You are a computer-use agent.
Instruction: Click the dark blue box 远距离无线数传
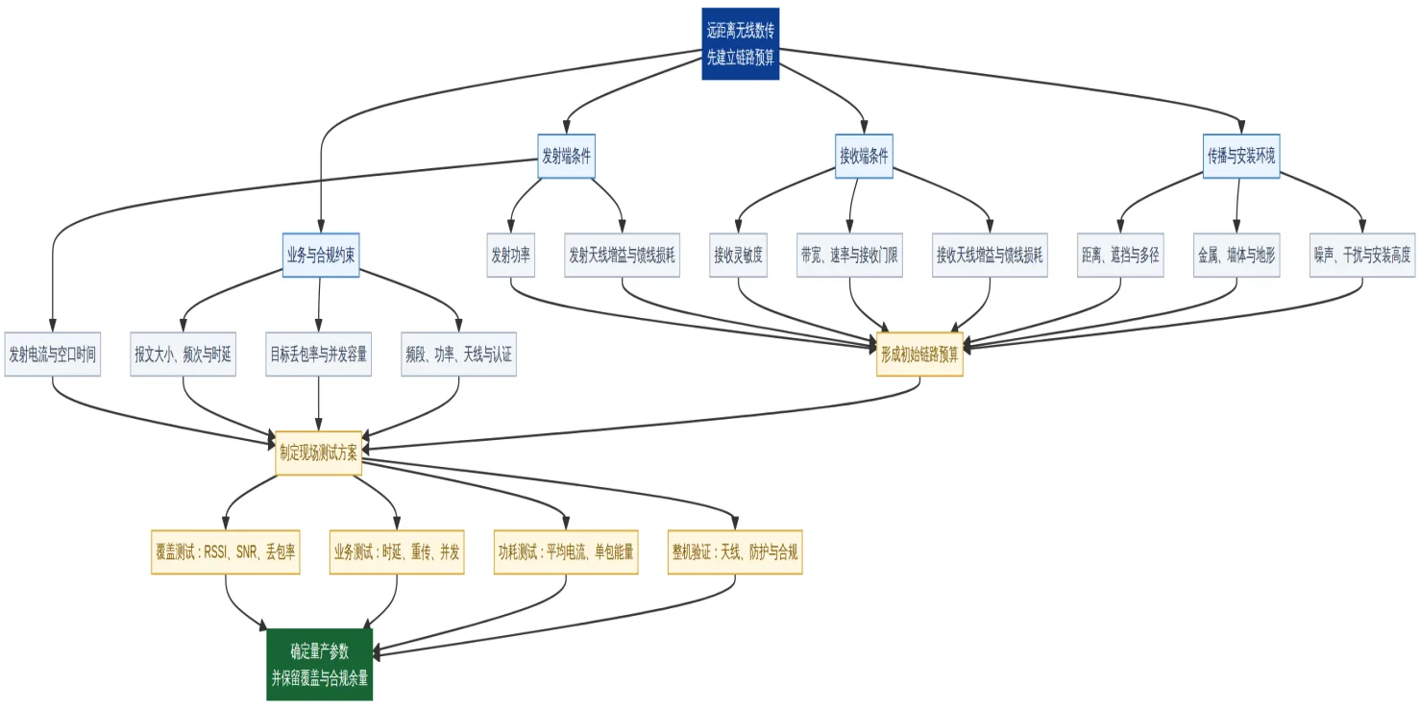pos(740,44)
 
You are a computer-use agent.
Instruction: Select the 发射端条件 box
pos(566,156)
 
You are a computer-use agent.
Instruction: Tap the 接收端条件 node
pos(864,156)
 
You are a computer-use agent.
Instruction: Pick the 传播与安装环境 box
pos(1241,156)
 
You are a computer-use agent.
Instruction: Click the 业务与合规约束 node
pos(321,255)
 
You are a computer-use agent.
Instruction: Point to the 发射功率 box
pos(511,255)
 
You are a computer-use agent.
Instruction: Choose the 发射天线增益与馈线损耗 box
pos(622,255)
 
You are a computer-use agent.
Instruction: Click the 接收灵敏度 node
pos(738,255)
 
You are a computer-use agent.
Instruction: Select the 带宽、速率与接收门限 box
pos(849,255)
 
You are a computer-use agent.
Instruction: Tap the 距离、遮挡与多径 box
pos(1120,255)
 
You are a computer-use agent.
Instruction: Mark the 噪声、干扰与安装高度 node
pos(1362,255)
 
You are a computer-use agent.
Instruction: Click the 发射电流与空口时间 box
pos(53,354)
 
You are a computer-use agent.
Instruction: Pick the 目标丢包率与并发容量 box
pos(318,354)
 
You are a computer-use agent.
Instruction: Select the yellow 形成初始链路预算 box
pos(919,354)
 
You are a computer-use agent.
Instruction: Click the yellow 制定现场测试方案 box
pos(318,453)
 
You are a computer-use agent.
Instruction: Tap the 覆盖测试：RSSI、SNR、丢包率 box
pos(226,552)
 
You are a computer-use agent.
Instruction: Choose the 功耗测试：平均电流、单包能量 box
pos(566,552)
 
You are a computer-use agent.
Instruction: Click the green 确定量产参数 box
pos(320,664)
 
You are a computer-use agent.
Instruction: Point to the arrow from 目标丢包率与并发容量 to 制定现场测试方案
pos(318,404)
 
